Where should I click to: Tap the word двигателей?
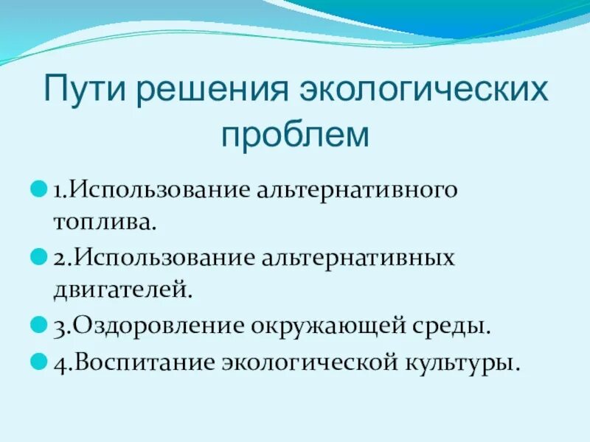[122, 290]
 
